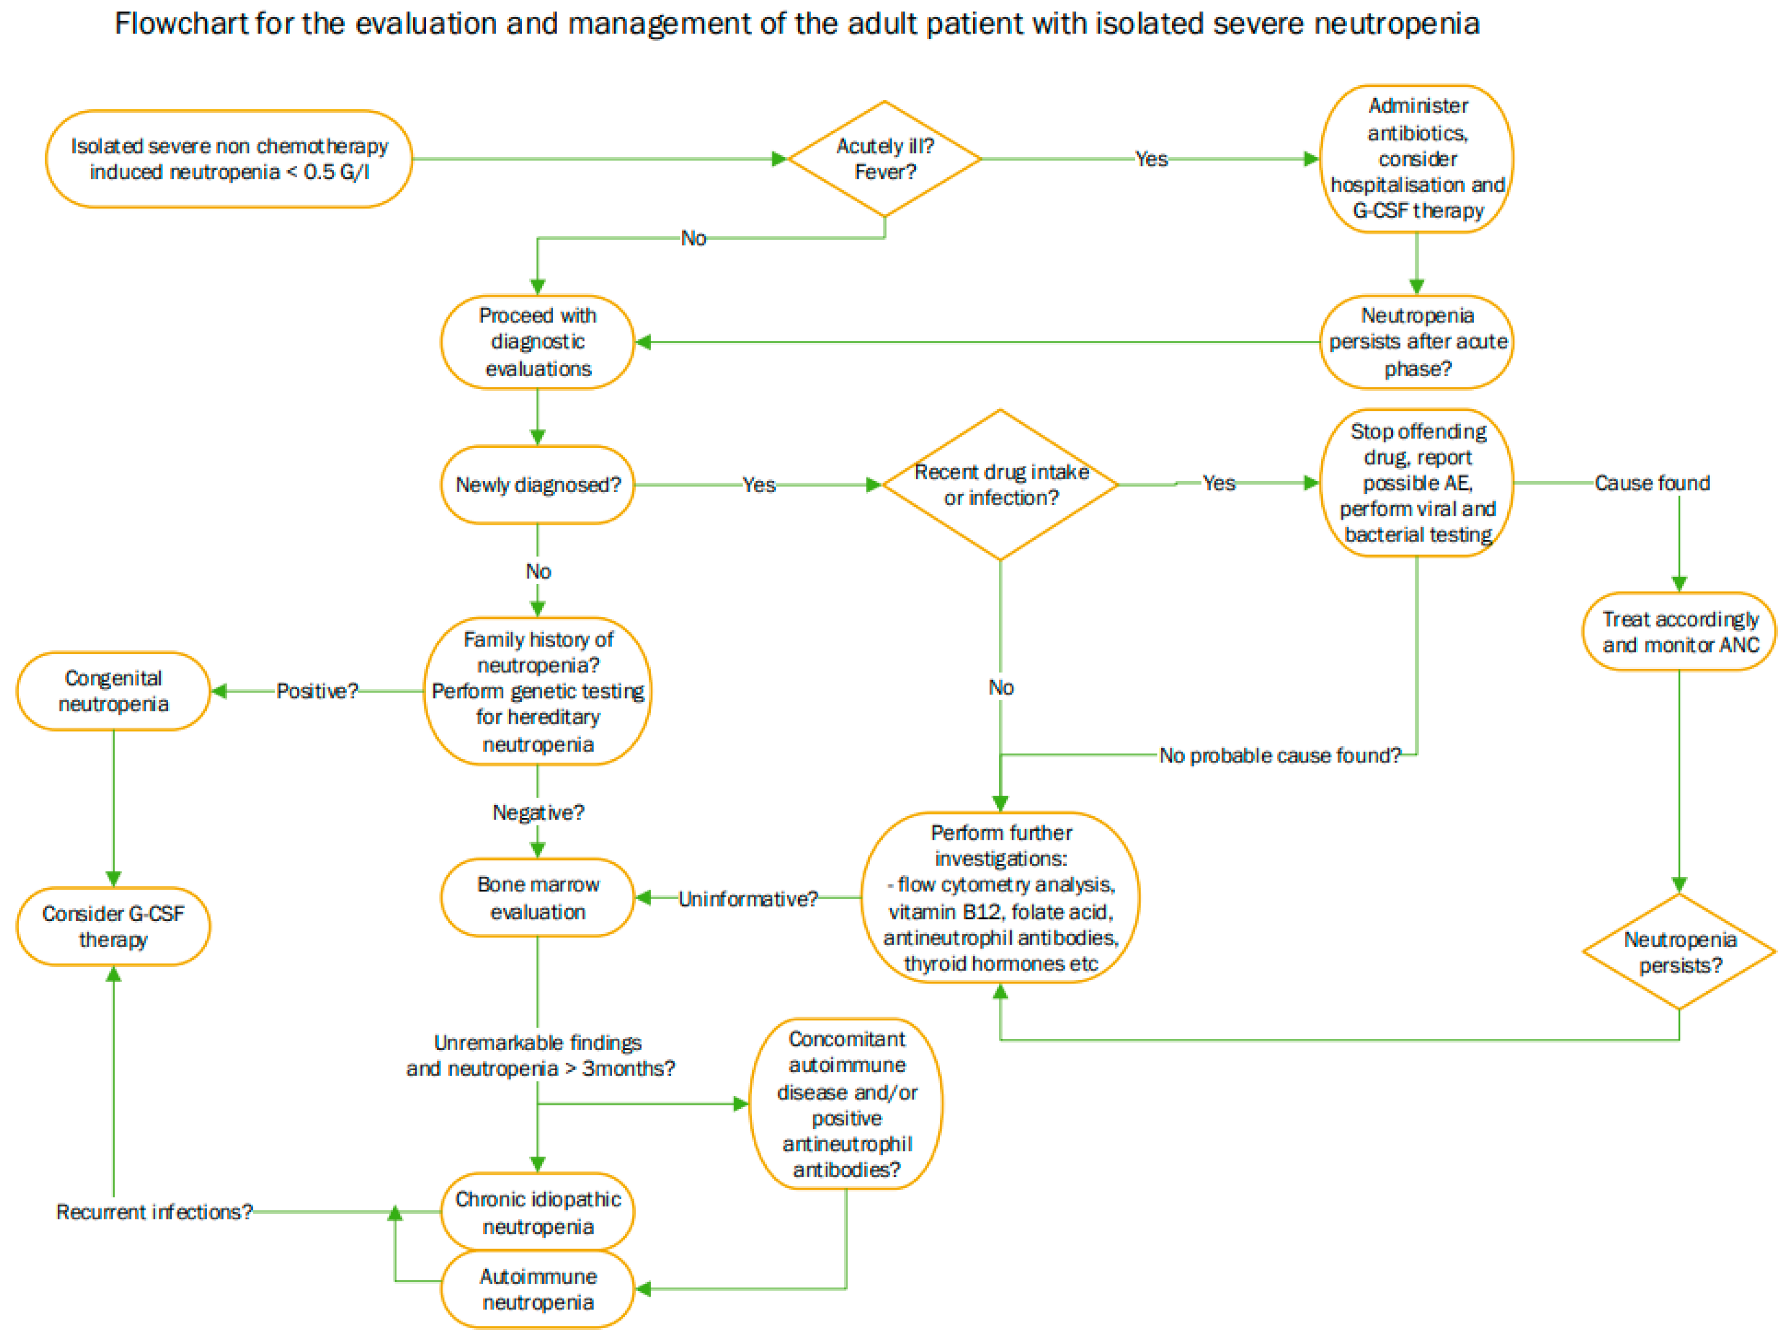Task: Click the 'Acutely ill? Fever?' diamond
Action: click(884, 159)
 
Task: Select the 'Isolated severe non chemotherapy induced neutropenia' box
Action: click(229, 159)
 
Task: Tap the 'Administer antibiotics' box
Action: click(1417, 159)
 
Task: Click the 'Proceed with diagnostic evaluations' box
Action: click(538, 342)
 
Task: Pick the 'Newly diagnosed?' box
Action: click(538, 485)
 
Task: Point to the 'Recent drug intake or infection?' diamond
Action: click(1000, 485)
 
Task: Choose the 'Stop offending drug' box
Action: click(1417, 483)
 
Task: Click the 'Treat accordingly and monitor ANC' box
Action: click(1679, 632)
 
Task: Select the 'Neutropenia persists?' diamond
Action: click(1679, 952)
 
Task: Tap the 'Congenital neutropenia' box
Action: click(113, 691)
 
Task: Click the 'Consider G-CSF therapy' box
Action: click(113, 926)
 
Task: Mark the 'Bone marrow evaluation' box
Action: click(538, 898)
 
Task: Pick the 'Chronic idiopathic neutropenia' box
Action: click(538, 1213)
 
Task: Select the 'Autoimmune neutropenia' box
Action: click(538, 1289)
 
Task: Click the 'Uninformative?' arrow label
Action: click(748, 899)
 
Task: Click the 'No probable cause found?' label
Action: click(1280, 756)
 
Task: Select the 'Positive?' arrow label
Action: click(317, 691)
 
